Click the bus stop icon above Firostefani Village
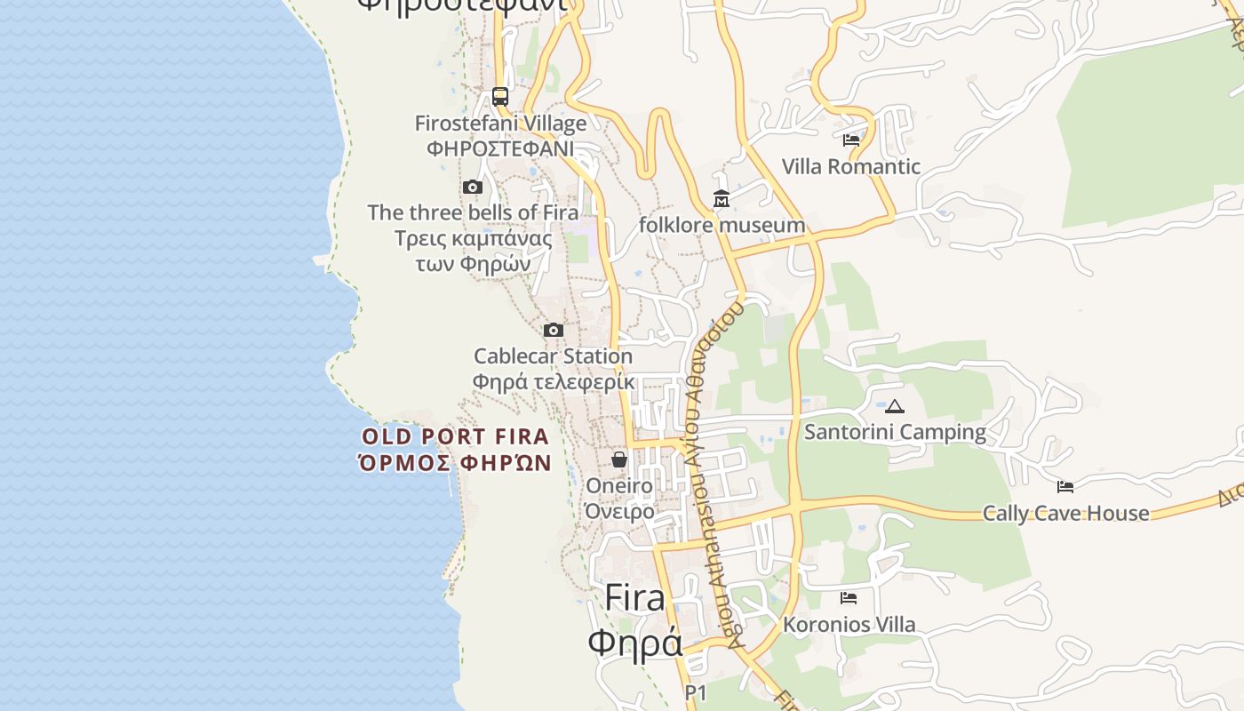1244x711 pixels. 500,97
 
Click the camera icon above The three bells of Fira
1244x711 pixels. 473,187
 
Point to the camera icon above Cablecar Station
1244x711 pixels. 554,331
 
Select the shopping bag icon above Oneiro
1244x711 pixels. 619,459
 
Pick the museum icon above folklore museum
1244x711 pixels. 721,199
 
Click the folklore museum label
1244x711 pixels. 722,225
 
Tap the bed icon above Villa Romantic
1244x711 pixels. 851,140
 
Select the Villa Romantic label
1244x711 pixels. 851,166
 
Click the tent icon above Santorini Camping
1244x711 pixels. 895,407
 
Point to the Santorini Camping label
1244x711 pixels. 895,433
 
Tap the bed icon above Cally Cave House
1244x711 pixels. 1065,486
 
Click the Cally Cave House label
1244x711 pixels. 1065,513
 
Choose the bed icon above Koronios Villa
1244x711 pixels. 849,598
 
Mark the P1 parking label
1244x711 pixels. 696,692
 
